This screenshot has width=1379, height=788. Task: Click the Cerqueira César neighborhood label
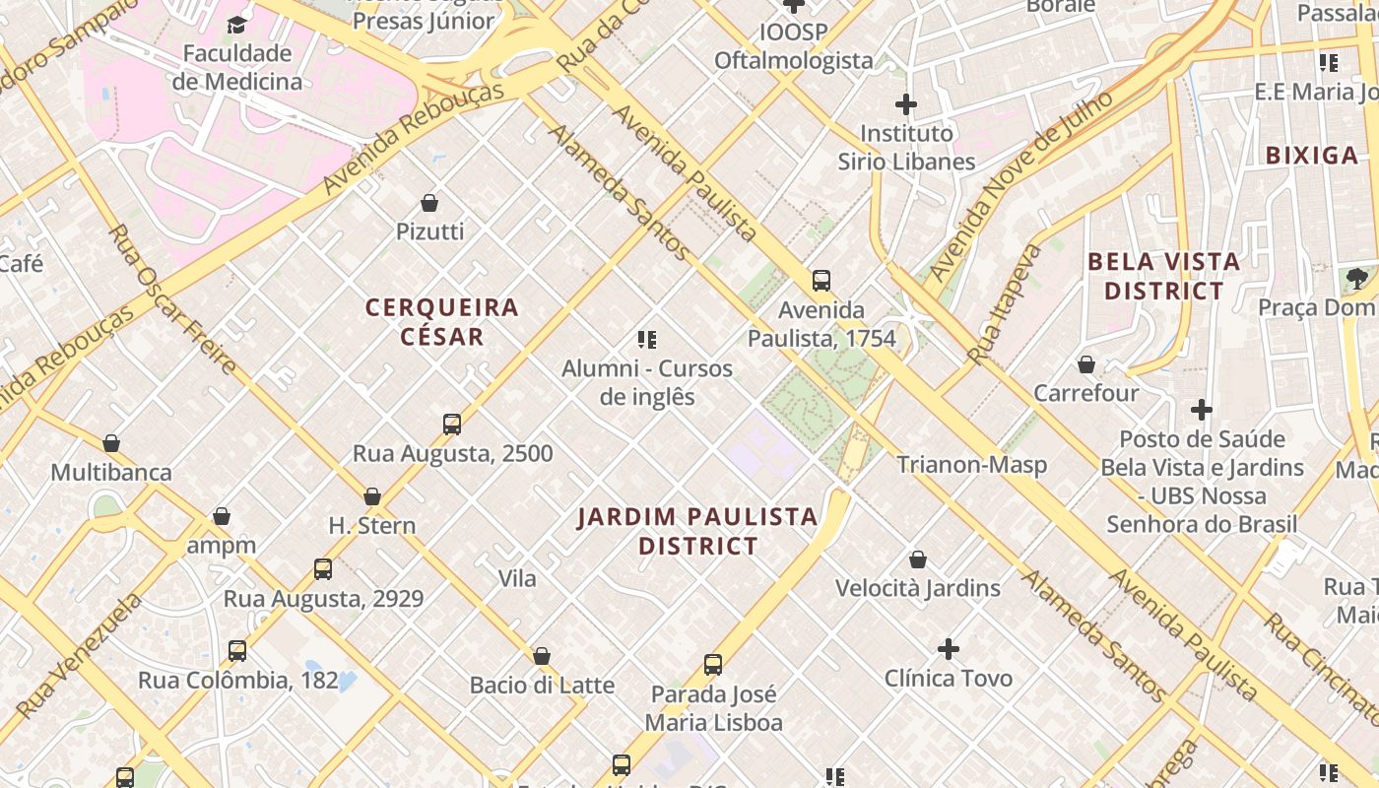point(441,322)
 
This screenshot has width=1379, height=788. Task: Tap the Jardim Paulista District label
point(697,531)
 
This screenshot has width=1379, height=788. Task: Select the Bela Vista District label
point(1163,276)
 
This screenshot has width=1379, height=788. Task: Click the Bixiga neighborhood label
point(1311,155)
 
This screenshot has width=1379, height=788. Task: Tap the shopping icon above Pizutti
point(429,203)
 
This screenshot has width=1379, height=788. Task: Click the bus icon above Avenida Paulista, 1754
point(821,281)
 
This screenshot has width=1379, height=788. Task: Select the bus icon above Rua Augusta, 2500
point(452,425)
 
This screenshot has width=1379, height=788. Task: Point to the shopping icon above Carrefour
point(1086,364)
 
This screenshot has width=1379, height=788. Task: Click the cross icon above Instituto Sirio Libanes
point(906,103)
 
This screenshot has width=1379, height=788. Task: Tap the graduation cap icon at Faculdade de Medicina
point(236,24)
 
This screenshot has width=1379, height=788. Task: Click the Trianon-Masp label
point(971,464)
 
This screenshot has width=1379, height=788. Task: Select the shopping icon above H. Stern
point(372,496)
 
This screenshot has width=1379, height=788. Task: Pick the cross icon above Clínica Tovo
point(949,649)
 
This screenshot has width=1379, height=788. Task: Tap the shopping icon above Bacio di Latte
point(542,656)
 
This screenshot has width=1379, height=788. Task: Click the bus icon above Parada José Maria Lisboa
point(713,665)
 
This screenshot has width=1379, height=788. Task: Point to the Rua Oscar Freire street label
point(171,298)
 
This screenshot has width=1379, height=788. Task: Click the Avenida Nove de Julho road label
point(1020,185)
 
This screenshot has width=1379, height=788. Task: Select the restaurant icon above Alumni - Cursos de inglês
point(647,340)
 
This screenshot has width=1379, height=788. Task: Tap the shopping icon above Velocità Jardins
point(918,559)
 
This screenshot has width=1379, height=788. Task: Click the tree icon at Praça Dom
point(1357,279)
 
